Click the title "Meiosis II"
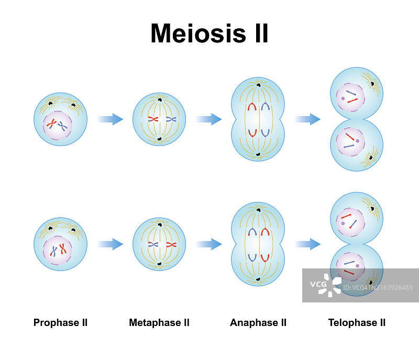tap(210, 33)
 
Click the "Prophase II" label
tap(60, 322)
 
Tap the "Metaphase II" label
tap(159, 322)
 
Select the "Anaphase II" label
tap(258, 322)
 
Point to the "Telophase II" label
tap(357, 322)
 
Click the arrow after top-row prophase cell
tap(110, 119)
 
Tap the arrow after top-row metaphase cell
tap(208, 119)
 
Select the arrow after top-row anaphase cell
tap(307, 119)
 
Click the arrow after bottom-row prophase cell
tap(110, 244)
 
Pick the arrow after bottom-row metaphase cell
tap(208, 244)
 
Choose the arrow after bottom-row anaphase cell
tap(307, 244)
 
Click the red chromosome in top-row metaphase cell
tap(152, 119)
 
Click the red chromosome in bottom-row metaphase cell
tap(171, 244)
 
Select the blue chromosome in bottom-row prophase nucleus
tap(54, 251)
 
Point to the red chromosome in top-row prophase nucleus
tap(51, 124)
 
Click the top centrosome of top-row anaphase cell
tap(259, 85)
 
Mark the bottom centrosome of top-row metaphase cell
tap(159, 140)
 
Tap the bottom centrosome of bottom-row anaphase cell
tap(259, 279)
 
